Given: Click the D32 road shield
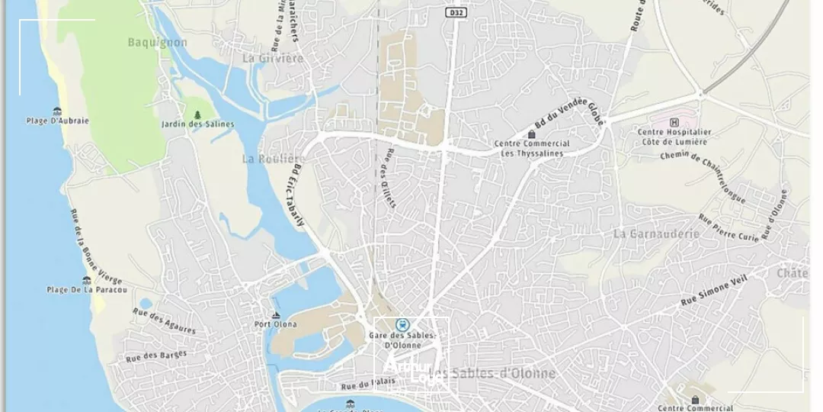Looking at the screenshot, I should [456, 13].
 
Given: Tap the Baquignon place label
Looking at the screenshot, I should [158, 43].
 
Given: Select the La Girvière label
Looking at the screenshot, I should [273, 58].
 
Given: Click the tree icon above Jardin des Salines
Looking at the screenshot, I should [198, 114].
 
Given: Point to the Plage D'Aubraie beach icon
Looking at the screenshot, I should [57, 111].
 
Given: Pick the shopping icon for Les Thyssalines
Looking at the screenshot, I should [532, 134].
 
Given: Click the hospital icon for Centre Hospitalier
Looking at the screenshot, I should [674, 122].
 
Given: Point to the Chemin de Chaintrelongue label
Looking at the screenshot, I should [703, 176].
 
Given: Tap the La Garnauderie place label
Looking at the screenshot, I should [655, 233].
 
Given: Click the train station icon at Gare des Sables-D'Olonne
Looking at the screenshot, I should [402, 325].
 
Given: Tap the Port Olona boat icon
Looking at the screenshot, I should [276, 315].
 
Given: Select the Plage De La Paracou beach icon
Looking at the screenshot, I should [87, 280].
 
